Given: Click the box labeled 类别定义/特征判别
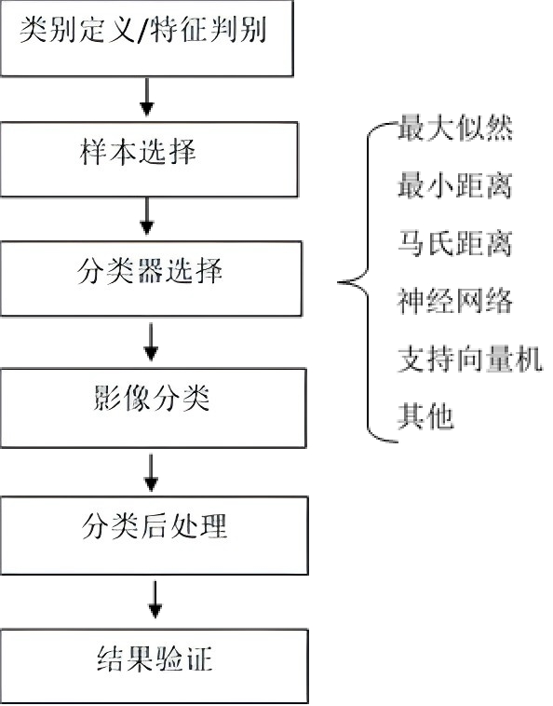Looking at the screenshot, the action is (147, 38).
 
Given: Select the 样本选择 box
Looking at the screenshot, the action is (149, 159).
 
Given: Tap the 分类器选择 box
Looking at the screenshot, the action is (151, 278).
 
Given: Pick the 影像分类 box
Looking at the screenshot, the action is (153, 408).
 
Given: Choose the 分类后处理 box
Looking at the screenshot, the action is (154, 536).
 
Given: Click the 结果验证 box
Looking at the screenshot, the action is (154, 666).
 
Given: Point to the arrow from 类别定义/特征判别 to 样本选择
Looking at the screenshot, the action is (147, 97).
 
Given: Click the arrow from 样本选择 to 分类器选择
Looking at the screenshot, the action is (147, 216).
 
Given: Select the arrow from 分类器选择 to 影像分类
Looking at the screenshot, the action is (151, 342).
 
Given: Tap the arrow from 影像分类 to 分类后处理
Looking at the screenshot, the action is (151, 472).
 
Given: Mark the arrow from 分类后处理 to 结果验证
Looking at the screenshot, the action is (155, 600).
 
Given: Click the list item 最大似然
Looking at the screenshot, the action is (455, 128).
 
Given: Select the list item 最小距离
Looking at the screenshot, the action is (455, 185).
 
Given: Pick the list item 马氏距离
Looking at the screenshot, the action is (455, 243).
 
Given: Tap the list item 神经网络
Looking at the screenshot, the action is (455, 301).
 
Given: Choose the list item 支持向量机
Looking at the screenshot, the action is (469, 359).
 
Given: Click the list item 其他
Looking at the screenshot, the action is (425, 416).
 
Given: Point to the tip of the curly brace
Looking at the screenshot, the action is (338, 283).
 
